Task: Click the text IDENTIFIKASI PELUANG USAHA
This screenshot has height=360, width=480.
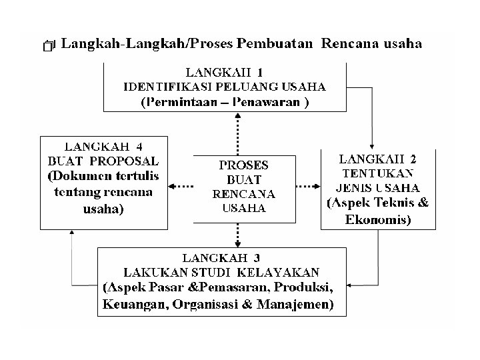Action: [x=225, y=87]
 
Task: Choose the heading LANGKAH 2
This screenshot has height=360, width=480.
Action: [x=377, y=159]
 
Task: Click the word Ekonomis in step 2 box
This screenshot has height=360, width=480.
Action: [x=377, y=219]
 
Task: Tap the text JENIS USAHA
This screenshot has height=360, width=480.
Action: [x=378, y=187]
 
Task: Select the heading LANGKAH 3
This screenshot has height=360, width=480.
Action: [x=222, y=257]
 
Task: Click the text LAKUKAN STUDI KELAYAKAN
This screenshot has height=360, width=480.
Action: [x=221, y=272]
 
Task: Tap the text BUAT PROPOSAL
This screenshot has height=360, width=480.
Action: [x=103, y=161]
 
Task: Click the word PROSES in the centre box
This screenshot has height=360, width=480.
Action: [x=243, y=165]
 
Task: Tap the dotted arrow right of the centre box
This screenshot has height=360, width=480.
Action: [x=307, y=186]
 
